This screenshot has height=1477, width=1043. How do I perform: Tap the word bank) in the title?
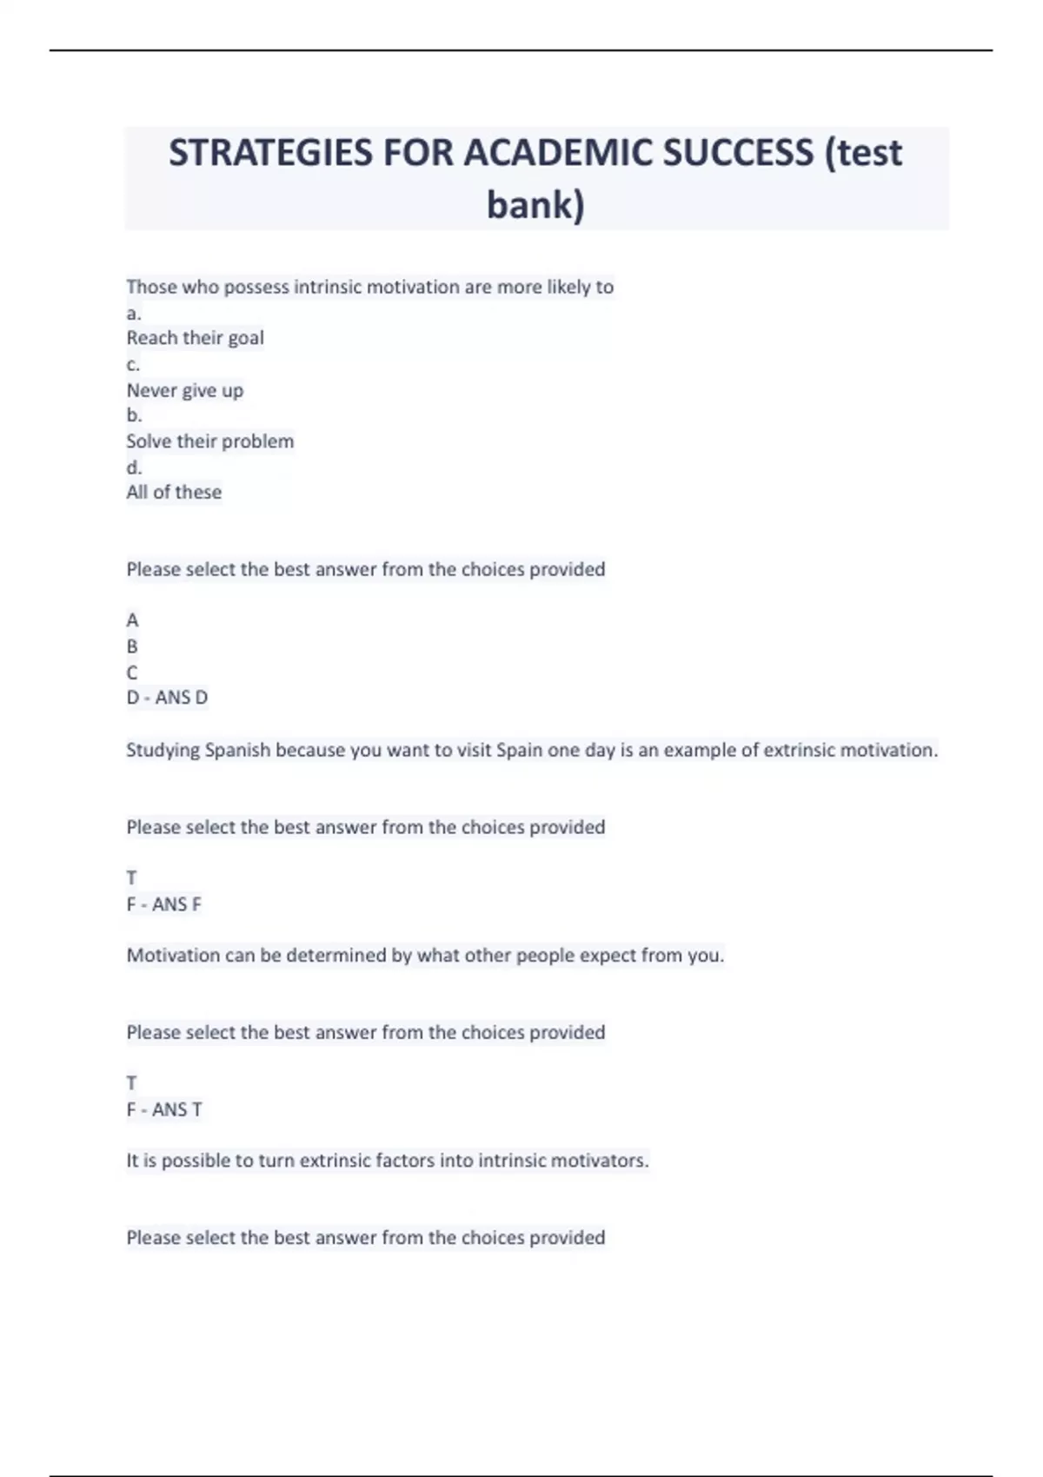[x=535, y=205]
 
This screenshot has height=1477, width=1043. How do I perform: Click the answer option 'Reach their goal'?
[x=195, y=338]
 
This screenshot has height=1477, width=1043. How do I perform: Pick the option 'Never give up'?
[x=184, y=390]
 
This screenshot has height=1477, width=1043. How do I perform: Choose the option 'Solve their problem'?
[x=209, y=441]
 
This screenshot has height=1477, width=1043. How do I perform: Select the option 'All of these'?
[x=174, y=493]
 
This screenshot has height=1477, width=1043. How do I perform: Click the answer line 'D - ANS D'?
[x=167, y=698]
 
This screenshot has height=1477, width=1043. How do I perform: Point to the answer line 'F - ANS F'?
[x=163, y=904]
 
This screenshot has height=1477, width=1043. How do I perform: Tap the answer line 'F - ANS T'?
[x=163, y=1109]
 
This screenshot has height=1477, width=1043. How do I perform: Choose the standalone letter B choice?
[x=132, y=646]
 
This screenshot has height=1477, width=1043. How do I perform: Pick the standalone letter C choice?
[x=132, y=672]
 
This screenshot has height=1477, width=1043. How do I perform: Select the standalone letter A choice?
[x=132, y=620]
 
